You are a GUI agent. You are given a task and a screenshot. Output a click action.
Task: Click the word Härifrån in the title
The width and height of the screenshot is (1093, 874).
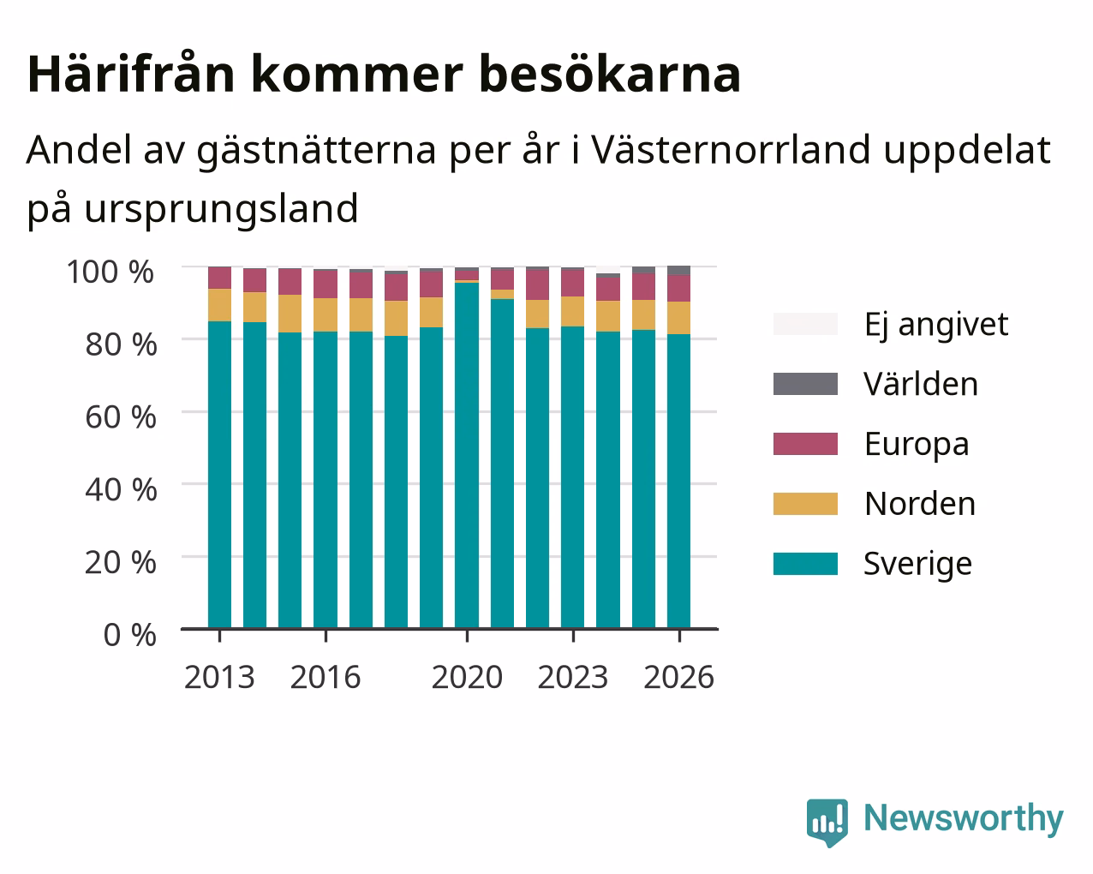pos(131,74)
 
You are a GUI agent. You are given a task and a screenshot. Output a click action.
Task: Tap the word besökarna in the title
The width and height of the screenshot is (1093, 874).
pos(610,74)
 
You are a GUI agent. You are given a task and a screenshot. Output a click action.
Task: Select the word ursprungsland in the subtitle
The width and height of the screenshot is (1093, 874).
pos(221,209)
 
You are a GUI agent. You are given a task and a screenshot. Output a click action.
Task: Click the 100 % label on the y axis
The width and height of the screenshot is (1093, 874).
pos(110,272)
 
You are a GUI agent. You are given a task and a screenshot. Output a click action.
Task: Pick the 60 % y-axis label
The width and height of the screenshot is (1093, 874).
pos(121,417)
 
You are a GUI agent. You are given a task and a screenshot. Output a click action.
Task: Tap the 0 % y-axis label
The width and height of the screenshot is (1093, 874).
pos(130,635)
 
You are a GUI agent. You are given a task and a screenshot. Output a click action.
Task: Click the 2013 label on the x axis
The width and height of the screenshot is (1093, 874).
pos(219,677)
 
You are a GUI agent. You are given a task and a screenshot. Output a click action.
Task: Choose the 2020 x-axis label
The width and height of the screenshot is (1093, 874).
pos(468,677)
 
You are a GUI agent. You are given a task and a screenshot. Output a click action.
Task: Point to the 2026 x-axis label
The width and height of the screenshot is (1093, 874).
pos(679,677)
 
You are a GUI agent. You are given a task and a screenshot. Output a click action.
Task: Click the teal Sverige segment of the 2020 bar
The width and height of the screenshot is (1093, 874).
pos(467,455)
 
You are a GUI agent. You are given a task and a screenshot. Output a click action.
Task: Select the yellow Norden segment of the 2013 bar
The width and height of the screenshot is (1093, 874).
pos(219,305)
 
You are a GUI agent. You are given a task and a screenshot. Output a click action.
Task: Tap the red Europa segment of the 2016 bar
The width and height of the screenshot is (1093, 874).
pos(325,284)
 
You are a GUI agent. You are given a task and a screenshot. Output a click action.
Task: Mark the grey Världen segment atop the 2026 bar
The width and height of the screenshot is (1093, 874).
pos(678,270)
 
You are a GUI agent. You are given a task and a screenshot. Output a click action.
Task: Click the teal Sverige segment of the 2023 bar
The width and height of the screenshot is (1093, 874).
pos(572,477)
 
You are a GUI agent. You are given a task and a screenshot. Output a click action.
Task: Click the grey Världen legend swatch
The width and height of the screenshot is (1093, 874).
pos(805,384)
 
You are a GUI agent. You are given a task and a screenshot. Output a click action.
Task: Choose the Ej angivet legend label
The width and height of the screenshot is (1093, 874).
pos(936,324)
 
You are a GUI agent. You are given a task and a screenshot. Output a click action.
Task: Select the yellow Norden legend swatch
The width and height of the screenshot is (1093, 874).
pos(805,504)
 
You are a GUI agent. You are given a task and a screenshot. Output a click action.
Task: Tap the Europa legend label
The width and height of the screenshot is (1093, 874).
pos(917,444)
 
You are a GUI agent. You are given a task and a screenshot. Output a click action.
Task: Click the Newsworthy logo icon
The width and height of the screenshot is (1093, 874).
pos(827,821)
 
